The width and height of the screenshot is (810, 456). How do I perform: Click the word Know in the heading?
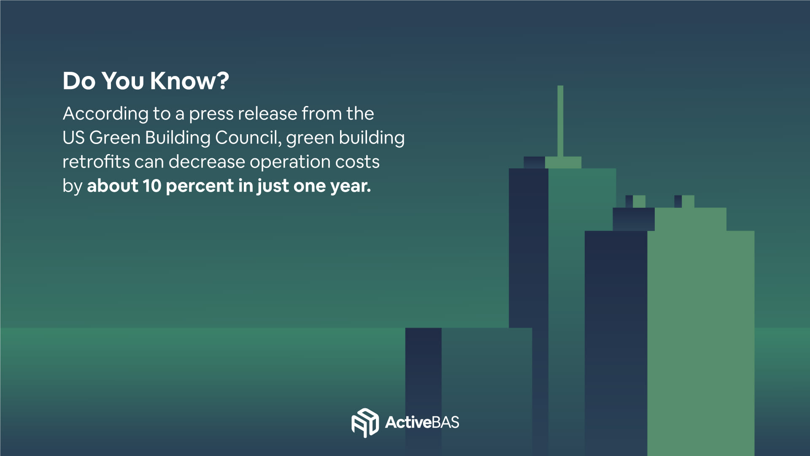point(184,81)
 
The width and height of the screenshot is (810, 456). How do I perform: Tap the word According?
point(105,114)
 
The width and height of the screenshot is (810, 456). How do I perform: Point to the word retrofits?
point(96,162)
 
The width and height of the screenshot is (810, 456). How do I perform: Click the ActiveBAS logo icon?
point(365,423)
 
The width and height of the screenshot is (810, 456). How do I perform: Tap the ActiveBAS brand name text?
point(422,422)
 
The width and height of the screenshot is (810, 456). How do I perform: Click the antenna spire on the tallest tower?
point(560,121)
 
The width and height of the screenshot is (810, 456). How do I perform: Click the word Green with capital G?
point(115,138)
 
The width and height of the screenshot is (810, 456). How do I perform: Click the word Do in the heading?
point(79,81)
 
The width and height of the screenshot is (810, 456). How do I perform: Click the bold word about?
point(113,186)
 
